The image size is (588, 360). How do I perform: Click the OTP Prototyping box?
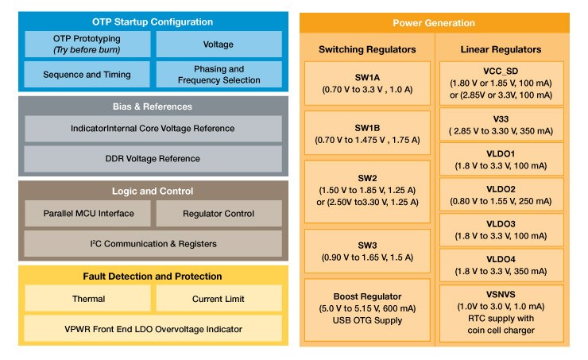[x=86, y=43]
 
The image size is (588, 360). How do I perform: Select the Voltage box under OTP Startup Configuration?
[x=219, y=43]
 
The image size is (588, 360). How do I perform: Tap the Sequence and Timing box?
[x=86, y=74]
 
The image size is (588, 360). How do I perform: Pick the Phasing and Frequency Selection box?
[x=219, y=74]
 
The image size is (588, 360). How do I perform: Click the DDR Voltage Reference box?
[x=153, y=158]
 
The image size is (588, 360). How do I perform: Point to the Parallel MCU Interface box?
[x=86, y=213]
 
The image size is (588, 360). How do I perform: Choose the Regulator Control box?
[x=219, y=213]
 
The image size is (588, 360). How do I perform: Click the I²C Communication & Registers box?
[x=153, y=243]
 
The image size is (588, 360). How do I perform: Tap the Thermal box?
[x=86, y=299]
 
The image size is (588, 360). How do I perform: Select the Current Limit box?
[x=219, y=299]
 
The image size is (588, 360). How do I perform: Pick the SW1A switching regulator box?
[x=367, y=83]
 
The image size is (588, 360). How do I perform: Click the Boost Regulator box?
[x=367, y=306]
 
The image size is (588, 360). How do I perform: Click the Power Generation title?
[x=434, y=22]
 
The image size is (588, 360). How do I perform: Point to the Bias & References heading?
[x=153, y=106]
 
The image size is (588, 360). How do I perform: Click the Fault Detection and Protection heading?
[x=153, y=276]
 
